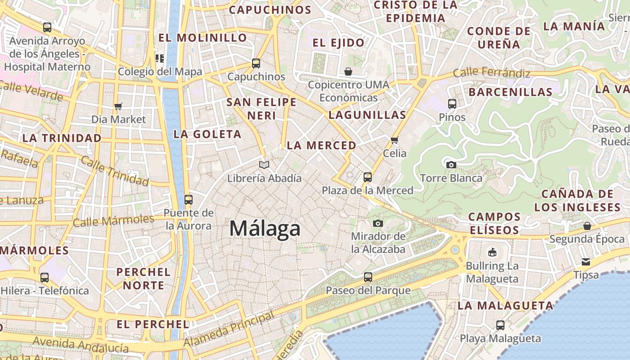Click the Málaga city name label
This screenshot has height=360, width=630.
click(x=265, y=229)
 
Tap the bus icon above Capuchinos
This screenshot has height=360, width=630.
click(x=256, y=63)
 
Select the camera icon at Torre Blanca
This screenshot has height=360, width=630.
click(x=451, y=165)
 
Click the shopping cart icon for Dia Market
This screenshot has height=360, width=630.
click(x=118, y=106)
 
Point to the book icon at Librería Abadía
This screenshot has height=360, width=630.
click(x=264, y=165)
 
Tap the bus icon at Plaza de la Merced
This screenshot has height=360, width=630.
click(x=368, y=177)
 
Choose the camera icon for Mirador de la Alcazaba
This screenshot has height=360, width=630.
click(x=378, y=223)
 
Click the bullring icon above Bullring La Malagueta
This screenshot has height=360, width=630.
click(x=492, y=252)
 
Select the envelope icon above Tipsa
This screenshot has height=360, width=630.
click(x=586, y=261)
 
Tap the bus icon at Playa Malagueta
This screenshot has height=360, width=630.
click(x=500, y=325)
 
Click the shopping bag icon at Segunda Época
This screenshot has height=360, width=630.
click(x=587, y=225)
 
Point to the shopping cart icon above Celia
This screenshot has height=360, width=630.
click(x=395, y=140)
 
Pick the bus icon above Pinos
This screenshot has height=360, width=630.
click(x=452, y=104)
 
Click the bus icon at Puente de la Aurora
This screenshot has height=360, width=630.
click(x=189, y=199)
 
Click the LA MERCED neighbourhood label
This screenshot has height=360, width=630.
click(x=321, y=145)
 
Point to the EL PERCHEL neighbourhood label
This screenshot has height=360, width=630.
click(x=153, y=324)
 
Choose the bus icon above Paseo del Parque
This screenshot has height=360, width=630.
click(x=368, y=277)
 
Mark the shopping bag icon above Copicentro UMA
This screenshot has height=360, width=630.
click(x=348, y=72)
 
